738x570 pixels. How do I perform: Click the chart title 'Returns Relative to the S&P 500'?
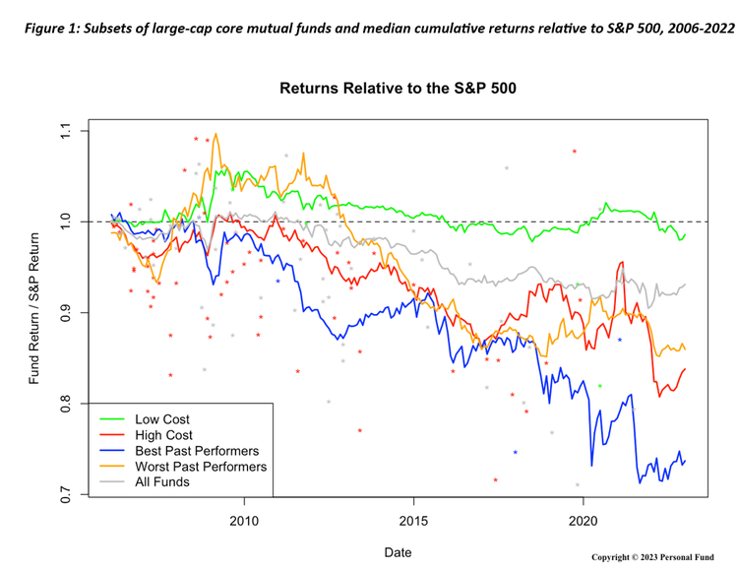[399, 89]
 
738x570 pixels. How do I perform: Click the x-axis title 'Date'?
[398, 552]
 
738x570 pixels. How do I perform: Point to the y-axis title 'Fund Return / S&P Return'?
[34, 313]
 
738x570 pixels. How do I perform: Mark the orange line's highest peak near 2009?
[215, 134]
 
